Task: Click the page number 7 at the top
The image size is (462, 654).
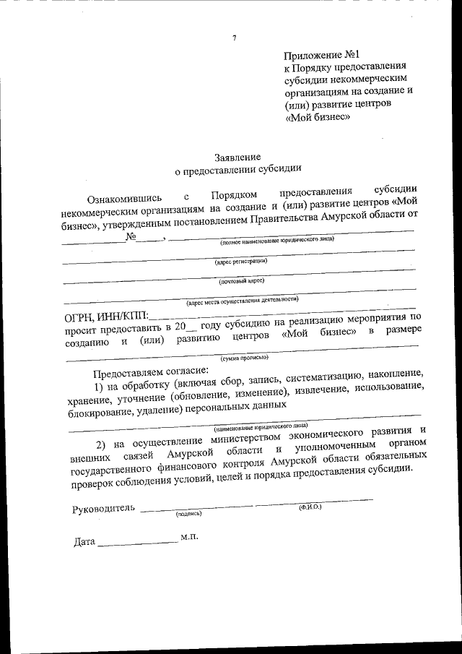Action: (235, 38)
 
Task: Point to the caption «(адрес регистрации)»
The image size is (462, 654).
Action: (240, 261)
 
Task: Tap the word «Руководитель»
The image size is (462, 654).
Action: (103, 507)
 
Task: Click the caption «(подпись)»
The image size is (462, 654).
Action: (188, 514)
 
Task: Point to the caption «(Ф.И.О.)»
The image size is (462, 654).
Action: (310, 507)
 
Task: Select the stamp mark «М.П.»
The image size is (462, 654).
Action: (189, 538)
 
